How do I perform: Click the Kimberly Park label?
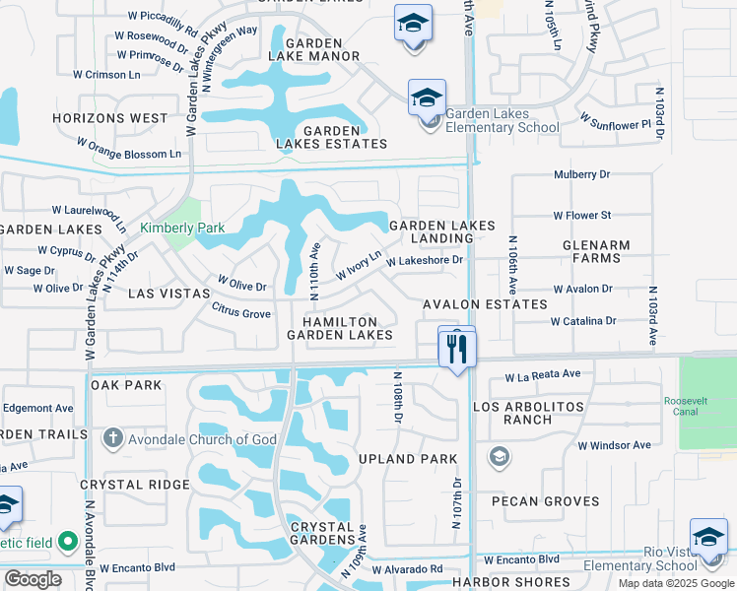coord(182,229)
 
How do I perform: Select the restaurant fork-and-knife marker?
coord(457,349)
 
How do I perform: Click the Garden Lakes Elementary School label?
coord(502,120)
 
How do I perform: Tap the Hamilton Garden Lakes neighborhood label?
coord(340,328)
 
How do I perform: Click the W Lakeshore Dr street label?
coord(425,261)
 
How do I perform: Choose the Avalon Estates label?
coord(485,304)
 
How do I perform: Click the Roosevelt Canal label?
coord(706,407)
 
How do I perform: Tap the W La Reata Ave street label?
coord(543,375)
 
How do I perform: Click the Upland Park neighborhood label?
coord(408,459)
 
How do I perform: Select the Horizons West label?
coord(110,118)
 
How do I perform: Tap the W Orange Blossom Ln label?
coord(135,154)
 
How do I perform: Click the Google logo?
coord(33,579)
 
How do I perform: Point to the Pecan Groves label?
coord(545,501)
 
